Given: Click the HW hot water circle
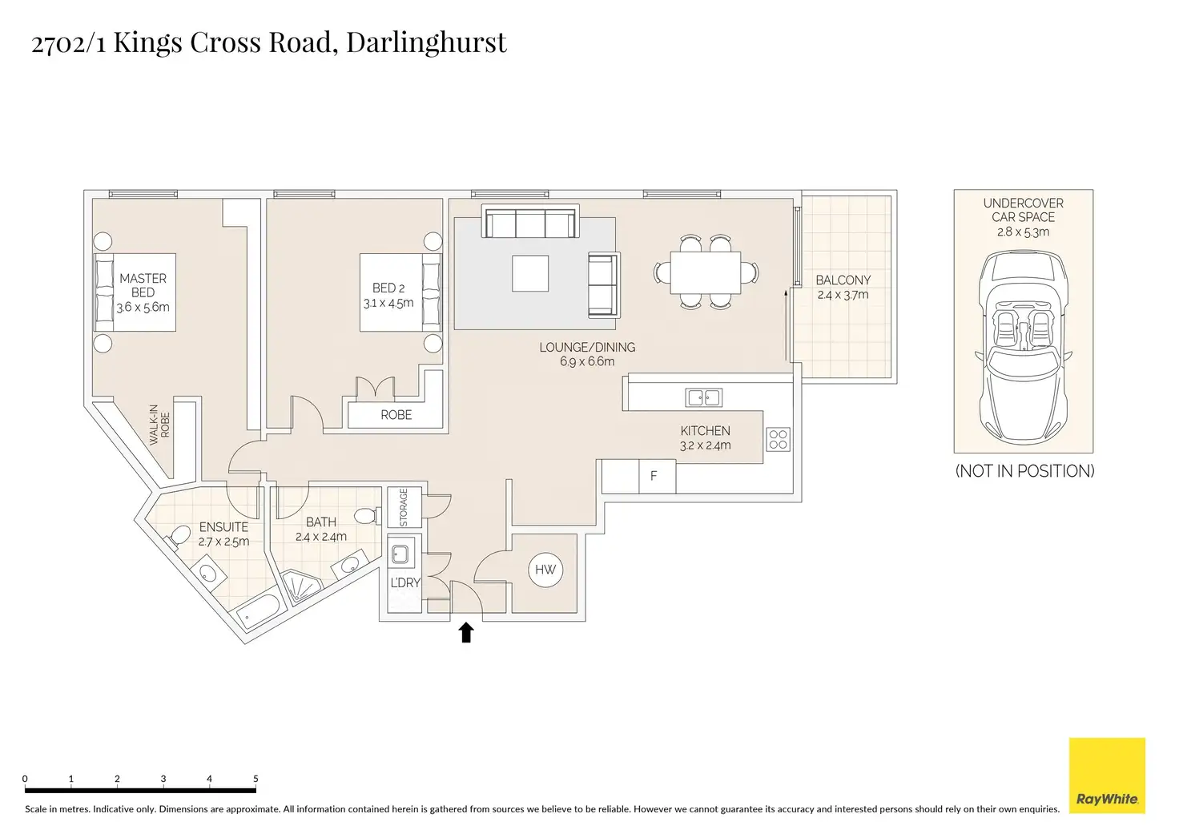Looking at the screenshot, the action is point(545,570).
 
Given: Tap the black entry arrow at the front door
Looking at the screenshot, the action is point(466,632).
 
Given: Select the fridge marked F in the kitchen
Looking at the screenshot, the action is point(657,477).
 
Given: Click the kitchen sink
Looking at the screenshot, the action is point(703,397).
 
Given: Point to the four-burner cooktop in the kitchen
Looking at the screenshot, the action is point(778,440).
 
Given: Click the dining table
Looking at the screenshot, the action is point(706,272).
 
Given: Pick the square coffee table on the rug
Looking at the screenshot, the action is point(530,273).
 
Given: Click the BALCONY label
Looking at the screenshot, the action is point(843,280).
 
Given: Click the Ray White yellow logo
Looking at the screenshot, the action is point(1107,775).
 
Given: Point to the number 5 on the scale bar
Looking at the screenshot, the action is point(256,779).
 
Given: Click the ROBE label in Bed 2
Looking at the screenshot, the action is point(396,415).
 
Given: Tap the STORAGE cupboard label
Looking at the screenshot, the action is point(404,507).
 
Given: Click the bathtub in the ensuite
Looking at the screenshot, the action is point(258,612).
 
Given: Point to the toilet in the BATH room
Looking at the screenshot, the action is point(367,515).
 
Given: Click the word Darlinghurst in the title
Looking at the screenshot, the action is point(426,42).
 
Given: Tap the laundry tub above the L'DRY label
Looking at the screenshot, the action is point(400,554).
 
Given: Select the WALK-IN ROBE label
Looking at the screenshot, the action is point(159,425).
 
